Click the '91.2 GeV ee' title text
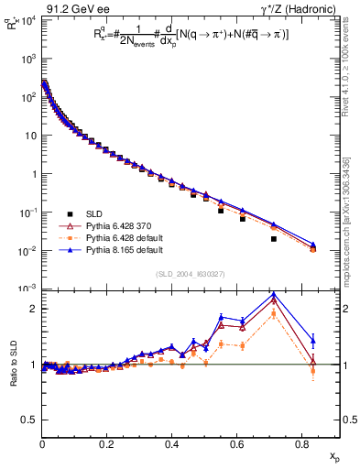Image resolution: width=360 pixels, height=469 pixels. click(74, 8)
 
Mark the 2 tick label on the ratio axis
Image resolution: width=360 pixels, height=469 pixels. click(33, 309)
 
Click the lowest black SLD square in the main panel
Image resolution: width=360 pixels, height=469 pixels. click(274, 239)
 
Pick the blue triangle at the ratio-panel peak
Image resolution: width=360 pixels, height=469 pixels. click(274, 295)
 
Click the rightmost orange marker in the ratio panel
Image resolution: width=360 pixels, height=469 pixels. click(313, 371)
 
